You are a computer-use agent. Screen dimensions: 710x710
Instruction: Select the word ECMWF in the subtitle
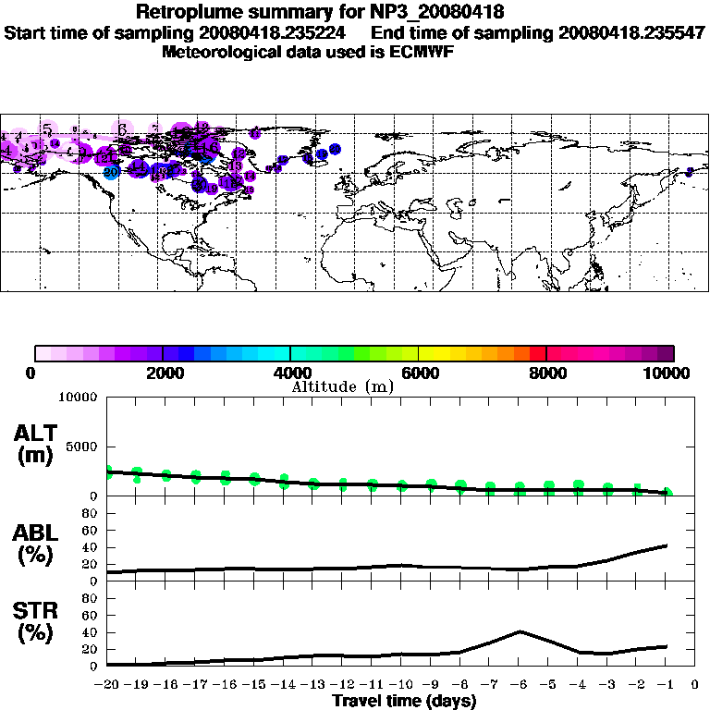[422, 52]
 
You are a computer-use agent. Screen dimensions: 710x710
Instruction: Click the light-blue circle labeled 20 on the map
[111, 171]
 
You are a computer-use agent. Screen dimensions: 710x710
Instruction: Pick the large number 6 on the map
[122, 129]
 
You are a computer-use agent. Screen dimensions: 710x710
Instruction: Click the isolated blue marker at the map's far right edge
[689, 171]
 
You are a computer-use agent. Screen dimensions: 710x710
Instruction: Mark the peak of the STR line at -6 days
[520, 631]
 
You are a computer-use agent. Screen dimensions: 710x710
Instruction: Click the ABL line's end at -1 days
[667, 545]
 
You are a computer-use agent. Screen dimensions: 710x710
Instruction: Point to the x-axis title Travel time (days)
[404, 702]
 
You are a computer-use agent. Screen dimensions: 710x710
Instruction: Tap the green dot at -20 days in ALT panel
[108, 471]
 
